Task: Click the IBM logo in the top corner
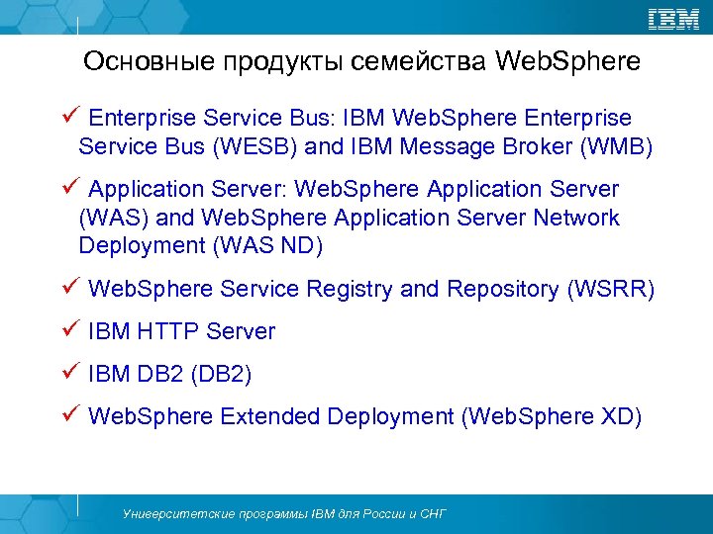click(x=673, y=19)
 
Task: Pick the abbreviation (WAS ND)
click(x=266, y=245)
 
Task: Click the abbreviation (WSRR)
click(x=610, y=289)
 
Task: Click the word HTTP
click(x=168, y=331)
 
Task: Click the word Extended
click(x=268, y=416)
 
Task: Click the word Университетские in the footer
click(x=167, y=514)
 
